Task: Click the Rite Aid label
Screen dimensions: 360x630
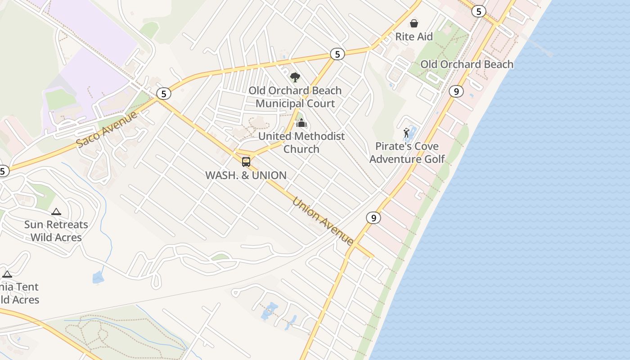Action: pyautogui.click(x=414, y=36)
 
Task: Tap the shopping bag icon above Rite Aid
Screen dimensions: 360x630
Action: pyautogui.click(x=414, y=23)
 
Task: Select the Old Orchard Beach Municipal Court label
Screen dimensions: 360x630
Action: pyautogui.click(x=295, y=97)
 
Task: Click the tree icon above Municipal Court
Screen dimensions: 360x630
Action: pyautogui.click(x=295, y=77)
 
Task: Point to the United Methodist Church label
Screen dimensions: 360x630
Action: pyautogui.click(x=301, y=142)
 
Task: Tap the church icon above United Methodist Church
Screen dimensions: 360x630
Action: pyautogui.click(x=301, y=123)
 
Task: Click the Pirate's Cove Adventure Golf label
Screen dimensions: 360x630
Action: pyautogui.click(x=407, y=153)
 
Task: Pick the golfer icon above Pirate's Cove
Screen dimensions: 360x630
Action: pyautogui.click(x=407, y=133)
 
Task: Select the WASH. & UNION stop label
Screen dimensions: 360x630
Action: pyautogui.click(x=246, y=175)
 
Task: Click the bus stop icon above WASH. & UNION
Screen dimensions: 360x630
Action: pyautogui.click(x=246, y=162)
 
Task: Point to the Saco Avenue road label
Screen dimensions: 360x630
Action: pyautogui.click(x=107, y=130)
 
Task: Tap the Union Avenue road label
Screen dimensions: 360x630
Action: pyautogui.click(x=323, y=221)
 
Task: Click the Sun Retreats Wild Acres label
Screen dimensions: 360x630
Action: pyautogui.click(x=56, y=231)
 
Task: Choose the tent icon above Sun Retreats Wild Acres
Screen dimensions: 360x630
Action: pyautogui.click(x=56, y=211)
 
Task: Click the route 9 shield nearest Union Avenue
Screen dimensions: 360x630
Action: pyautogui.click(x=373, y=218)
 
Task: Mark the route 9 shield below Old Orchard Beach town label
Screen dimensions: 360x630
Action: pyautogui.click(x=456, y=92)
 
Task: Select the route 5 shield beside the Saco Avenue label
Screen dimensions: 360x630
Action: pyautogui.click(x=164, y=94)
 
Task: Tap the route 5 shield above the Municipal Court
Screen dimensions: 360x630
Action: pyautogui.click(x=337, y=54)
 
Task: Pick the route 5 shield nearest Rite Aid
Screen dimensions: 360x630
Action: pyautogui.click(x=478, y=11)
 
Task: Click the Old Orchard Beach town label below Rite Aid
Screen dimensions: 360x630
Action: pyautogui.click(x=467, y=64)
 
